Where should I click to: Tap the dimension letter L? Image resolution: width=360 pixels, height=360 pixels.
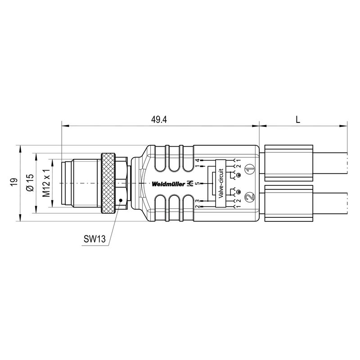tap(298, 119)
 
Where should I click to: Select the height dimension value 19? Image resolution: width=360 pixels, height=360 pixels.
tap(14, 182)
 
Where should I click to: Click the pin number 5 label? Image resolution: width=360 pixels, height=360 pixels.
tap(197, 184)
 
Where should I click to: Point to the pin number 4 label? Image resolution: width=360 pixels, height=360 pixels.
tap(197, 160)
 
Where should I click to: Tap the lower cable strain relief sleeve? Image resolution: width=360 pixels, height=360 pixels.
tap(288, 203)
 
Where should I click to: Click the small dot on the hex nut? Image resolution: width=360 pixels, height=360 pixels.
tap(120, 200)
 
